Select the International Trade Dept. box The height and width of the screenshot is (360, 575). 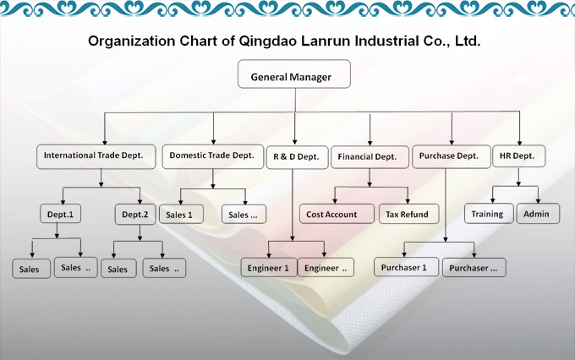click(x=100, y=155)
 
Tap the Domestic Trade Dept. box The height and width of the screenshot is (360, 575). click(x=212, y=155)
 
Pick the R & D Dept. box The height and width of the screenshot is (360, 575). click(x=295, y=156)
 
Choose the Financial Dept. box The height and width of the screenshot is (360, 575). click(x=368, y=156)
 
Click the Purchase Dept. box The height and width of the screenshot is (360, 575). click(x=449, y=155)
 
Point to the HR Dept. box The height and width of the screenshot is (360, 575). click(x=518, y=155)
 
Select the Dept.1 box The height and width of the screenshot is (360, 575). click(x=60, y=215)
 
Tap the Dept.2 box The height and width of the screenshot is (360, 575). click(x=135, y=215)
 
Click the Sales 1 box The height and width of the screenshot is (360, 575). click(x=180, y=215)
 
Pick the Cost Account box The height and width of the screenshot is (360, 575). click(x=331, y=215)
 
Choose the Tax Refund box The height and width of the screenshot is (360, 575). click(x=406, y=215)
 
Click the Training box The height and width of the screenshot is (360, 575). click(x=487, y=214)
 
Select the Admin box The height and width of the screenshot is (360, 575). click(x=536, y=214)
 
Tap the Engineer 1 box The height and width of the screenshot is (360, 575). click(x=267, y=268)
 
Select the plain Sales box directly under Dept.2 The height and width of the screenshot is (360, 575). click(x=118, y=269)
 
